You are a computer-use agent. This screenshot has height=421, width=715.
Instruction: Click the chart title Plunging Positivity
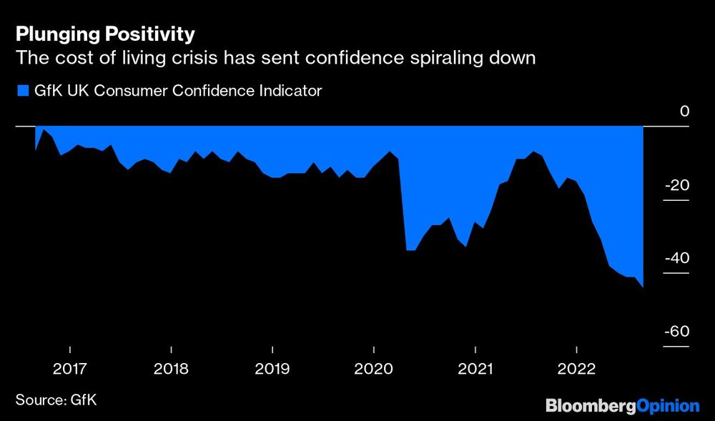(105, 34)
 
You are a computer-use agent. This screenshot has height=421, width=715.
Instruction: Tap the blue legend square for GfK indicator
(21, 91)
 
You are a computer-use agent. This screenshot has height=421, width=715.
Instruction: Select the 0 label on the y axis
(684, 112)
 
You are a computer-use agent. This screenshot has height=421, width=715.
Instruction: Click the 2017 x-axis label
(70, 369)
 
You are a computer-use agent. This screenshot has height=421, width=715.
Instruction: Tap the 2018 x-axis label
(171, 369)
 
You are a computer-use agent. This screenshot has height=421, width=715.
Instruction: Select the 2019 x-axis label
(272, 369)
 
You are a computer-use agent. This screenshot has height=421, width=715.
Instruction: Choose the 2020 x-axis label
(374, 369)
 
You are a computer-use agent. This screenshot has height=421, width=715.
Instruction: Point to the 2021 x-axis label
(475, 369)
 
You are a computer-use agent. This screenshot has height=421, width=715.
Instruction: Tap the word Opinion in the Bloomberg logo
(667, 406)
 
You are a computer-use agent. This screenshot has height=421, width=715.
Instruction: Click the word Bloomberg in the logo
(590, 406)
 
